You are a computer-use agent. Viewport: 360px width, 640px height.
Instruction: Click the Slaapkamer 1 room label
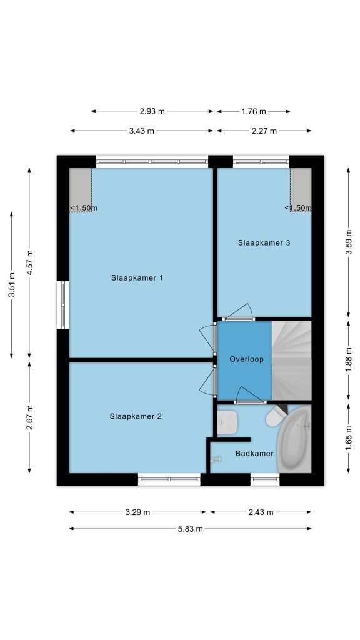[137, 278]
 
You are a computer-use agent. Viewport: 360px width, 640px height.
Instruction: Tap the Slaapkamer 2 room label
[136, 416]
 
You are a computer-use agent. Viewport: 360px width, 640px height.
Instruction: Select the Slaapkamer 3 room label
[264, 243]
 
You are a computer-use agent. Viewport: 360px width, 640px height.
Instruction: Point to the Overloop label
[246, 359]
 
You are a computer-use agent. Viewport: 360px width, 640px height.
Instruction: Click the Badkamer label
[254, 454]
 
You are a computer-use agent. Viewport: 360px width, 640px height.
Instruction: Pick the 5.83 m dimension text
[190, 529]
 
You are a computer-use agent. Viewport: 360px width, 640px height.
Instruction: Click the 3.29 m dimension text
[138, 512]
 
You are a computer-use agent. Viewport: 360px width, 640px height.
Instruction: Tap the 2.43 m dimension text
[261, 512]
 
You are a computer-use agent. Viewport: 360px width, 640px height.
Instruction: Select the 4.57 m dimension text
[29, 262]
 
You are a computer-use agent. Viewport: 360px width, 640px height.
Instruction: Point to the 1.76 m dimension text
[254, 111]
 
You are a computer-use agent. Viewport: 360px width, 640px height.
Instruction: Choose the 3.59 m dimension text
[349, 242]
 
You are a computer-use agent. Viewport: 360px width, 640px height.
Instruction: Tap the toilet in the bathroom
[276, 416]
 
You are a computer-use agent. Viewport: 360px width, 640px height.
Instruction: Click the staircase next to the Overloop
[291, 361]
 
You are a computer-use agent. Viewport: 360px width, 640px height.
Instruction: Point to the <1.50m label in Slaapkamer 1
[84, 208]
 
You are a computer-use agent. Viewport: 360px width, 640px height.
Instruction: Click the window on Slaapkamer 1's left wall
[63, 304]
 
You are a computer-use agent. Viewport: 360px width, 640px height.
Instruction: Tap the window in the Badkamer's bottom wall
[265, 479]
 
